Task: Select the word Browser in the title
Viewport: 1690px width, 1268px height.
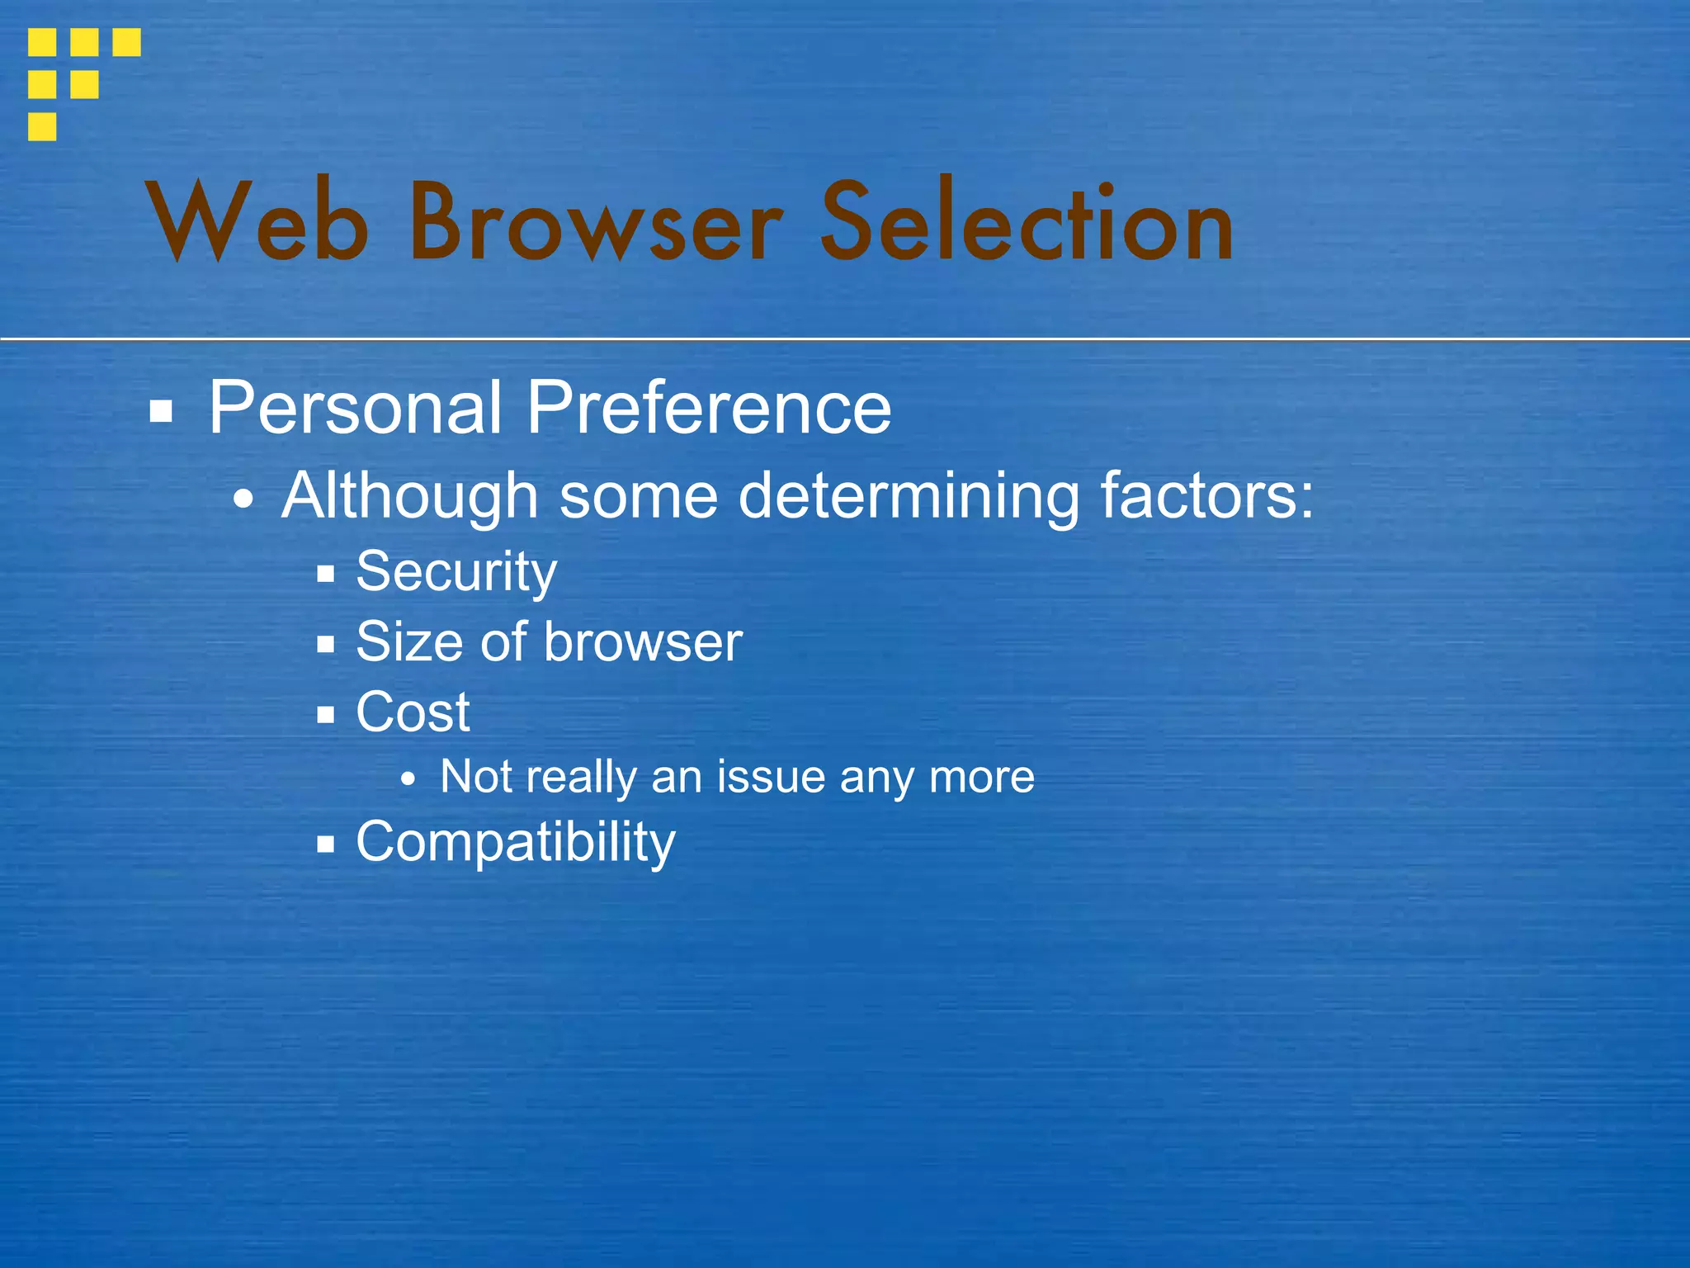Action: (x=595, y=223)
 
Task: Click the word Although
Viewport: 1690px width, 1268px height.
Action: (x=410, y=496)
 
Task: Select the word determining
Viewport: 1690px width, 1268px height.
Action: (x=908, y=496)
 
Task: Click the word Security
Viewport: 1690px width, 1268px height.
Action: (x=456, y=571)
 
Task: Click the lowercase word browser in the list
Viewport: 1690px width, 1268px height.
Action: (x=644, y=641)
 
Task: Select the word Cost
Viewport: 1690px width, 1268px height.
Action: (x=413, y=712)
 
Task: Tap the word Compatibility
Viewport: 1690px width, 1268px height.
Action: (x=516, y=842)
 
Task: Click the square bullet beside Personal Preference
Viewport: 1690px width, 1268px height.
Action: (x=161, y=411)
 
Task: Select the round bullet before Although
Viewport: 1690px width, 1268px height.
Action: (x=243, y=500)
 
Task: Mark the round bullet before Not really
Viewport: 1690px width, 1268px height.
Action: (x=407, y=779)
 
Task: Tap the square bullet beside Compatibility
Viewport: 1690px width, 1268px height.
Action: (x=326, y=845)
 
